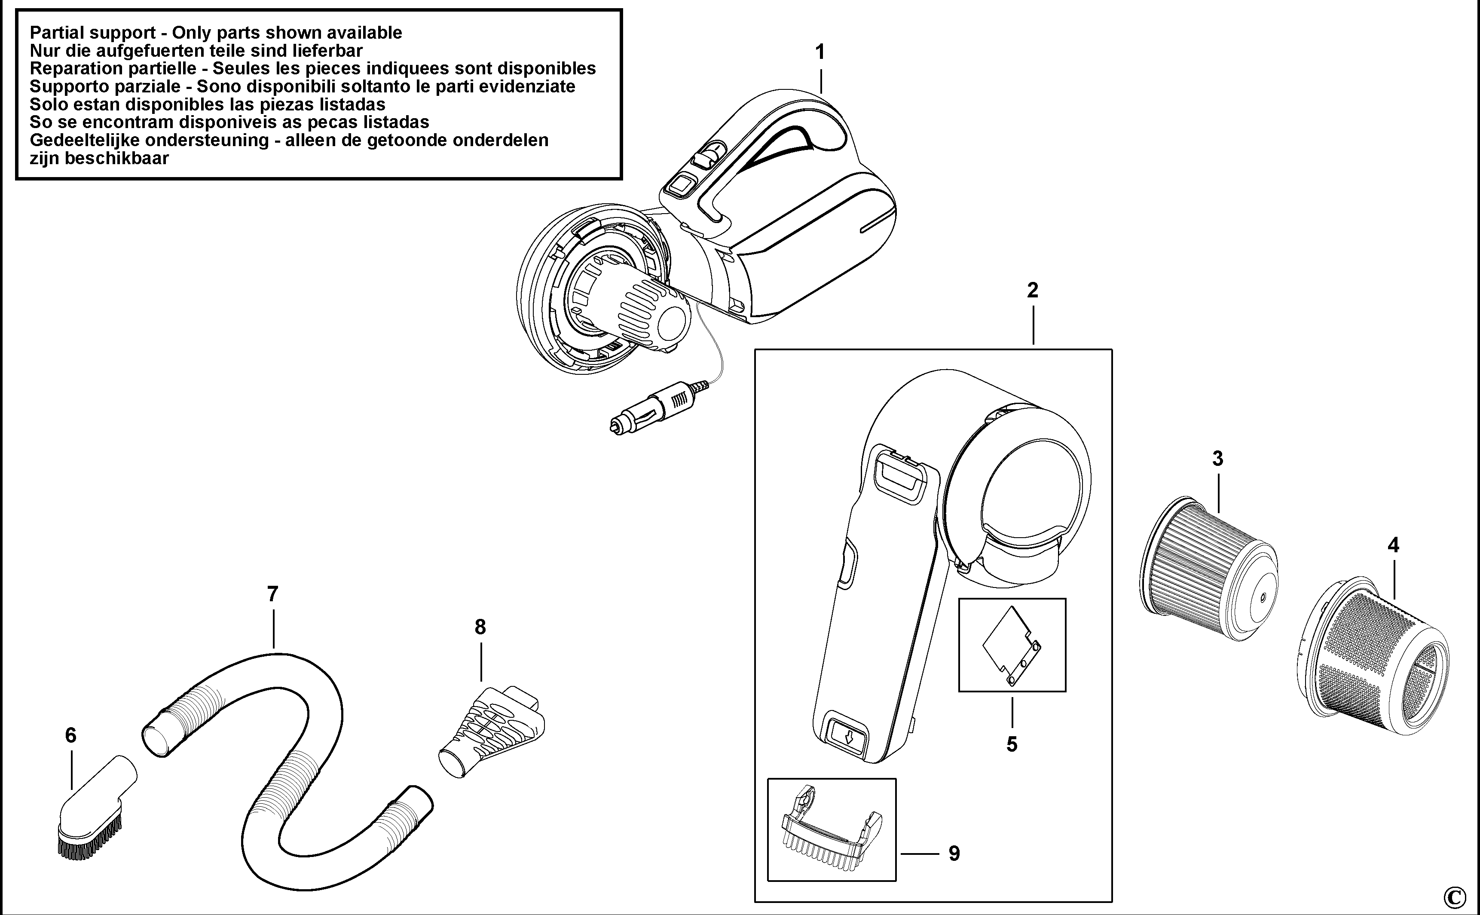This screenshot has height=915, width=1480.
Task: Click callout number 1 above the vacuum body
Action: pos(820,53)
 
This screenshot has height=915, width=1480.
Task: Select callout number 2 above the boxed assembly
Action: pos(1032,291)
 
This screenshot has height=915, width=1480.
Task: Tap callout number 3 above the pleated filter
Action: pos(1217,459)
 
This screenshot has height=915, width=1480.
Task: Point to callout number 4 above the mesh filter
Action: pos(1393,546)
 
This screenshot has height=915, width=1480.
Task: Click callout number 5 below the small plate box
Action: pos(1012,744)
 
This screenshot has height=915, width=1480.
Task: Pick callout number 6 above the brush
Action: pos(71,735)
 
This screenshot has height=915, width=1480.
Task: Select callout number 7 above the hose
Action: pos(272,594)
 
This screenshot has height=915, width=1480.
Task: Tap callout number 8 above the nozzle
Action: pos(480,627)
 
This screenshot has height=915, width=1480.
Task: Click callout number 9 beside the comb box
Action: pos(954,853)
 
